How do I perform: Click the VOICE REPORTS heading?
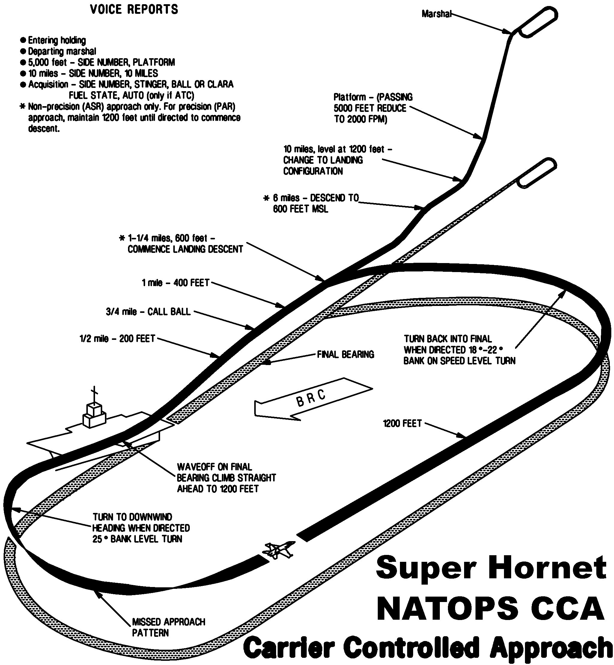point(134,9)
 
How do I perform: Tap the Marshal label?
point(436,14)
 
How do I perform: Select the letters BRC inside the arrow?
point(311,397)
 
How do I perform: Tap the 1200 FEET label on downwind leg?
point(402,424)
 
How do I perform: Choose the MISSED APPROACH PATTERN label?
point(168,627)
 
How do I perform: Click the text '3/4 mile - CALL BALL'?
point(148,312)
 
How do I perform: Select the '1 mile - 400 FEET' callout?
point(175,283)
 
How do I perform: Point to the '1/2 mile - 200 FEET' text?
point(117,339)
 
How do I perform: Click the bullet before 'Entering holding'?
point(23,40)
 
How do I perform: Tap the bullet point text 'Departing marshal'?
point(62,52)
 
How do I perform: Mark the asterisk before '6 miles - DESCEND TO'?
point(266,198)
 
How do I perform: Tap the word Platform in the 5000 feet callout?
point(350,97)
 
